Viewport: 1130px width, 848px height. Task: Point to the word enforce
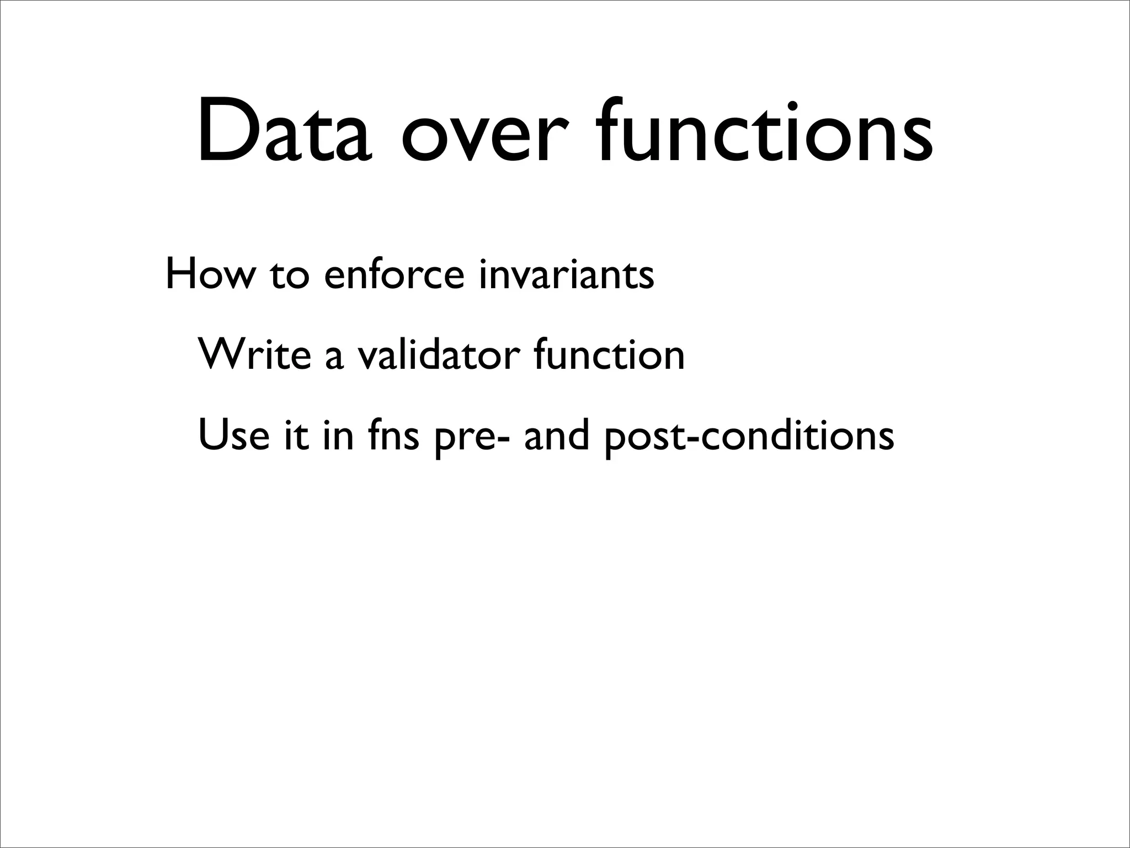pos(395,274)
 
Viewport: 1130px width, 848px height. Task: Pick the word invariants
pos(566,274)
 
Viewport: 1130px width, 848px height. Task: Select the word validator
pos(439,354)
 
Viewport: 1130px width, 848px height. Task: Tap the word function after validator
pos(609,354)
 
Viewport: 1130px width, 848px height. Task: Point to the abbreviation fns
pos(392,435)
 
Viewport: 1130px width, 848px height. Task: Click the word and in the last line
pos(557,435)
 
